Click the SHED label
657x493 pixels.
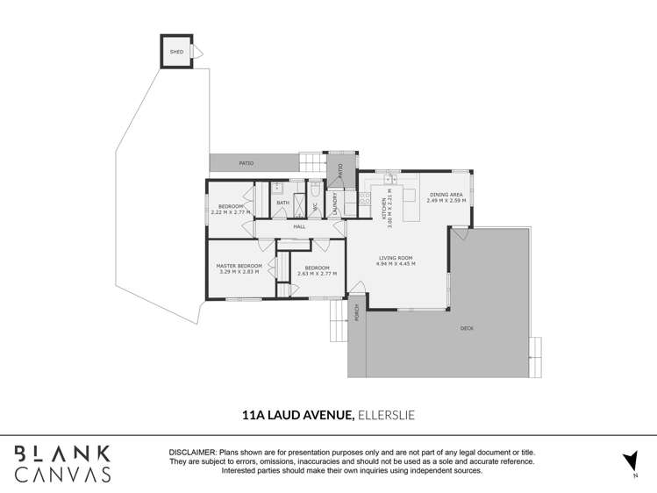pyautogui.click(x=176, y=53)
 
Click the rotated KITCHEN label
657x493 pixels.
pyautogui.click(x=383, y=209)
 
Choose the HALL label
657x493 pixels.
pyautogui.click(x=299, y=226)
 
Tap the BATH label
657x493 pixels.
pyautogui.click(x=282, y=203)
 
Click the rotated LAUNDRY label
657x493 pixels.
pyautogui.click(x=334, y=204)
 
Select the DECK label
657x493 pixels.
pyautogui.click(x=467, y=328)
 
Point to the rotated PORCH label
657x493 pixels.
pyautogui.click(x=357, y=312)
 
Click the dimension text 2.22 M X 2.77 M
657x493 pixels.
pyautogui.click(x=231, y=212)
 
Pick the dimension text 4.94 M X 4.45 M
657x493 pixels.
pyautogui.click(x=395, y=263)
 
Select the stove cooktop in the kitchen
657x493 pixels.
pyautogui.click(x=350, y=198)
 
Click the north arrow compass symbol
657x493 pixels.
pyautogui.click(x=629, y=461)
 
